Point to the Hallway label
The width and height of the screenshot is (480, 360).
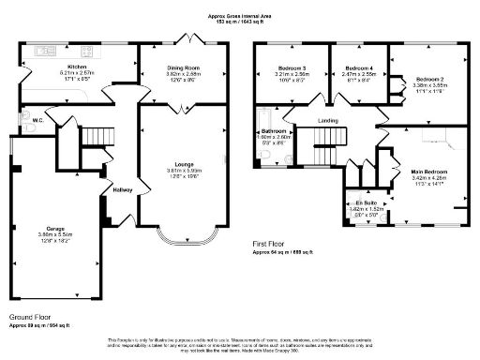122,189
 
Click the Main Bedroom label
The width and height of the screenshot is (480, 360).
428,172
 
